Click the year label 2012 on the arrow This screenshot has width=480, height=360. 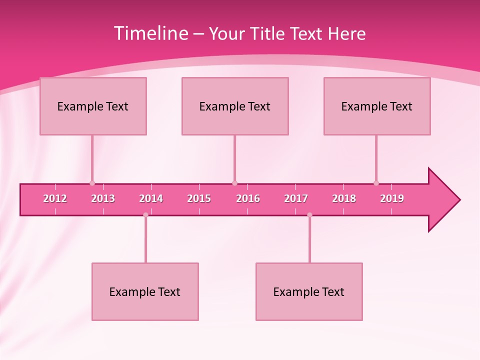[x=55, y=198]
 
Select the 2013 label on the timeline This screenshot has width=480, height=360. [x=103, y=198]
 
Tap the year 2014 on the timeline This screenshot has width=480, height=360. [x=151, y=198]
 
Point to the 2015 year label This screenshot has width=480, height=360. [x=199, y=198]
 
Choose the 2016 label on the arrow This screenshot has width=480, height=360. [x=248, y=198]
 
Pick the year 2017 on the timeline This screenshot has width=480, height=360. [x=296, y=198]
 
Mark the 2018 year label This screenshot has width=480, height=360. [x=344, y=198]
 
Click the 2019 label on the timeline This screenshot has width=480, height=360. [x=392, y=198]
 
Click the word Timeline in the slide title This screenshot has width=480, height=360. [x=150, y=33]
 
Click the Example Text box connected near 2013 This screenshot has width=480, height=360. [x=93, y=106]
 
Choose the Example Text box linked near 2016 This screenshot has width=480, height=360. [x=235, y=106]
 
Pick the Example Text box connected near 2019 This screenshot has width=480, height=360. [x=377, y=106]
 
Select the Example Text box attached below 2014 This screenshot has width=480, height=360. [x=145, y=291]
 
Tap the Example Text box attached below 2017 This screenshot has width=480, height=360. [x=309, y=291]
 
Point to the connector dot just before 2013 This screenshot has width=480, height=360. [x=92, y=183]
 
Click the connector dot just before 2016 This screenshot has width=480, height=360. [x=234, y=183]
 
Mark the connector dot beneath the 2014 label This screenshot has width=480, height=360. [x=145, y=215]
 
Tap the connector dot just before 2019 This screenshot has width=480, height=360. [x=376, y=183]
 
